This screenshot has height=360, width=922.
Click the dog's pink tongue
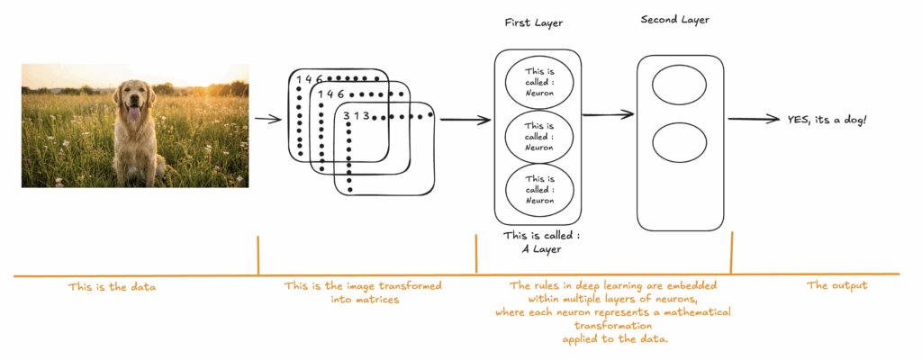pyautogui.click(x=134, y=112)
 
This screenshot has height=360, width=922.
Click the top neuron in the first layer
pyautogui.click(x=538, y=81)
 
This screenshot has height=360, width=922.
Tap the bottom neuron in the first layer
pyautogui.click(x=538, y=189)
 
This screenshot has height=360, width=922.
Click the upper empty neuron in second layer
pyautogui.click(x=680, y=87)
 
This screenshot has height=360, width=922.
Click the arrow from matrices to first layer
pyautogui.click(x=459, y=119)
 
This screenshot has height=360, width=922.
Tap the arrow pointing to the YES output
pyautogui.click(x=754, y=119)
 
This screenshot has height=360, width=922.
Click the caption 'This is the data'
pyautogui.click(x=112, y=287)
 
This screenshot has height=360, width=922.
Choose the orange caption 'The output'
pyautogui.click(x=836, y=285)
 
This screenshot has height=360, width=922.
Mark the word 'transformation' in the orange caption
pyautogui.click(x=612, y=326)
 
